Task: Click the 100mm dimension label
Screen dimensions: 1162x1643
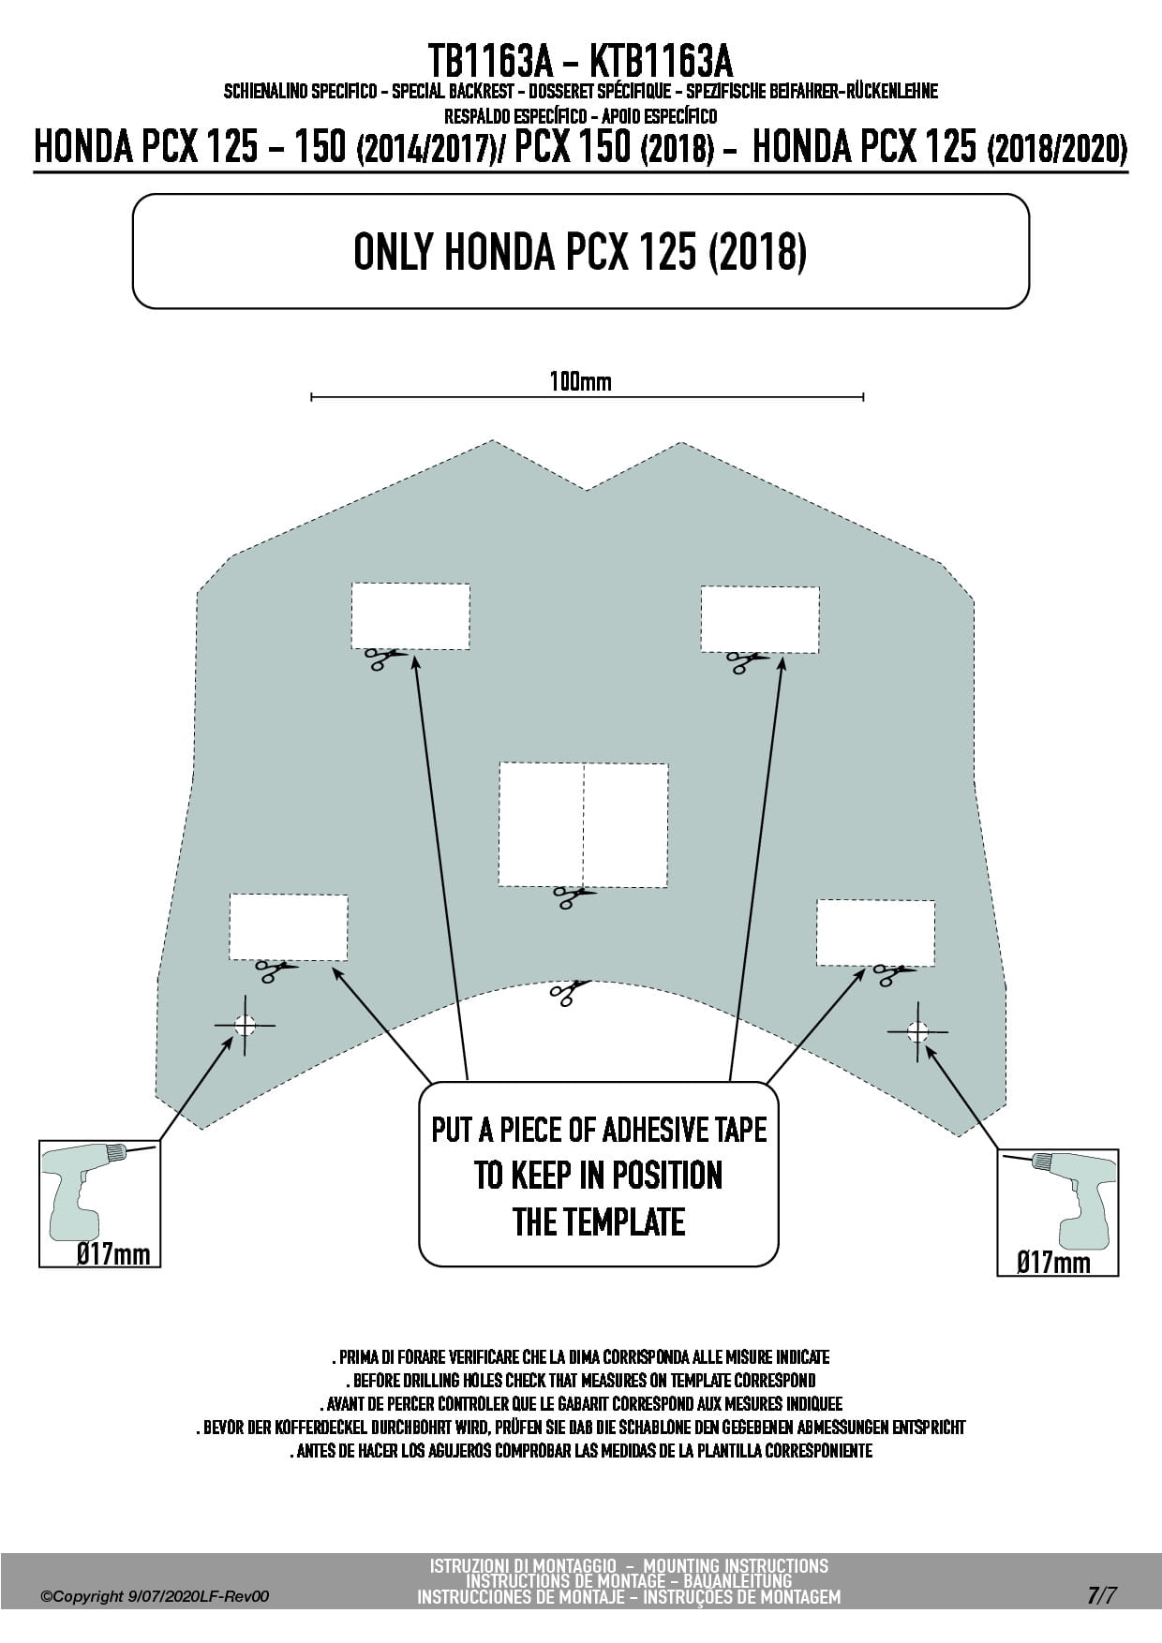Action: [x=580, y=381]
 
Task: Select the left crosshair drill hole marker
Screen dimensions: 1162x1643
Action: [x=245, y=1025]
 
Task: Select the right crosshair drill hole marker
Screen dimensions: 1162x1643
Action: [x=917, y=1032]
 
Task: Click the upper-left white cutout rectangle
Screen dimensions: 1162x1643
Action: [x=410, y=615]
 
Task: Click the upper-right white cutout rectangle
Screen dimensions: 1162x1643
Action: [x=760, y=619]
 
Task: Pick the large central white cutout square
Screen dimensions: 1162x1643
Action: [x=583, y=824]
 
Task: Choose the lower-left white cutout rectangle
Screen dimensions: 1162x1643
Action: [x=289, y=927]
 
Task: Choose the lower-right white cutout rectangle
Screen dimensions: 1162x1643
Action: [x=875, y=933]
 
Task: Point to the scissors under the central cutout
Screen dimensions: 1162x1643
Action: [x=574, y=897]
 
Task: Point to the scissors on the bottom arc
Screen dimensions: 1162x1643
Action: [x=570, y=992]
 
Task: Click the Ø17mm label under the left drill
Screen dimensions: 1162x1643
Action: [x=113, y=1253]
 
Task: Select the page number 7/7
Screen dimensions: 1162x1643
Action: [x=1102, y=1595]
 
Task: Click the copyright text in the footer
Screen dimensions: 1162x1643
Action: [x=155, y=1596]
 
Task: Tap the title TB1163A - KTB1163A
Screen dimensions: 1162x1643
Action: [x=581, y=62]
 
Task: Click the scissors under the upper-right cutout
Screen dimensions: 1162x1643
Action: [x=747, y=662]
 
